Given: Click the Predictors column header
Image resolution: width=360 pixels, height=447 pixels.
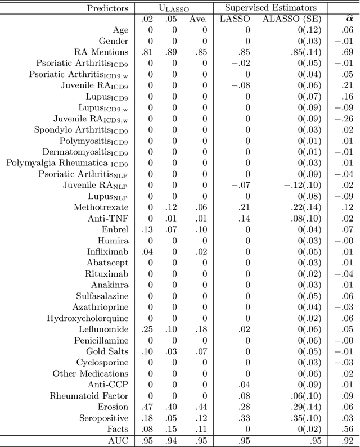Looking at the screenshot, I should coord(107,8).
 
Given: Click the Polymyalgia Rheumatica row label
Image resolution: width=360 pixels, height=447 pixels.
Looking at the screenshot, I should coord(67,163).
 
